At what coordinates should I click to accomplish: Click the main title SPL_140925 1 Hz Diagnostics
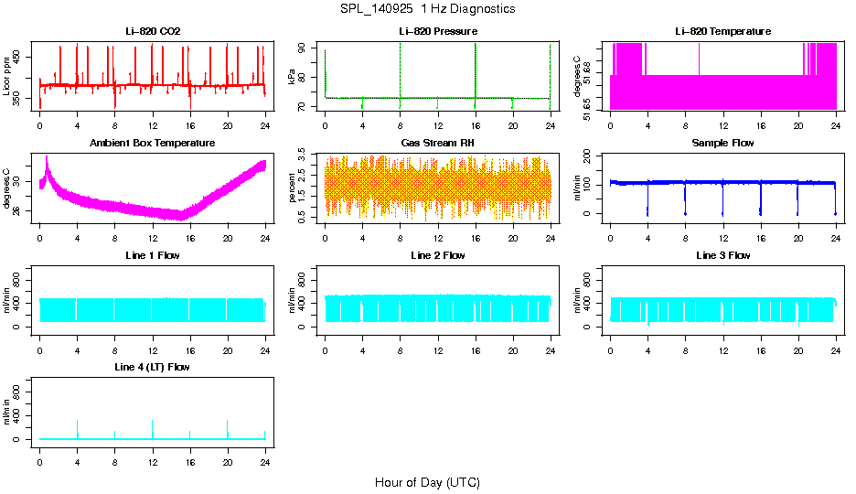click(426, 9)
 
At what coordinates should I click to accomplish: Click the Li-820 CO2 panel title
click(153, 31)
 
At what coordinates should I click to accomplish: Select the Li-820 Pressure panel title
click(437, 31)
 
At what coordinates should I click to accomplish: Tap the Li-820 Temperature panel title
click(722, 31)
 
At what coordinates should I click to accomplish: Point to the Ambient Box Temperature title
click(153, 143)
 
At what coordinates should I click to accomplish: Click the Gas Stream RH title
click(437, 143)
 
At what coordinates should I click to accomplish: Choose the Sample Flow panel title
click(722, 143)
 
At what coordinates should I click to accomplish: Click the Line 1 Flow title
click(153, 255)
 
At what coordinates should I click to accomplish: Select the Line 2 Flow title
click(437, 255)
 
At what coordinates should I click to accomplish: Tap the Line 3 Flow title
click(722, 255)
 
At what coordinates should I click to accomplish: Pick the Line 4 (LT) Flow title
click(153, 367)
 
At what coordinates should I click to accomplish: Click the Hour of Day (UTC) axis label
click(426, 482)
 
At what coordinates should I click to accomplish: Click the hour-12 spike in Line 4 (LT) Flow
click(153, 423)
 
